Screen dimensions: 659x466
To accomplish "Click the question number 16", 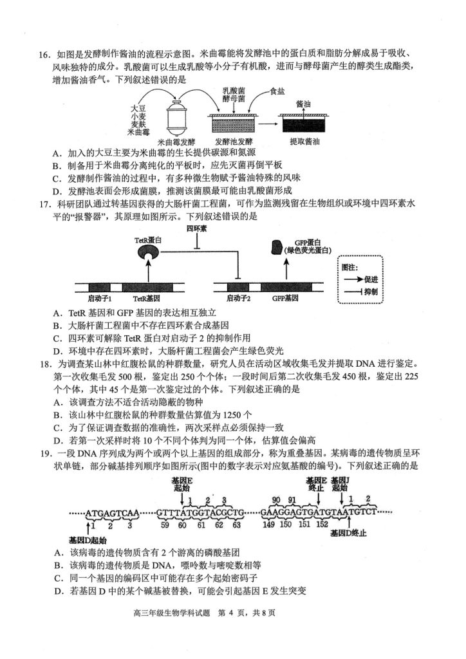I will pyautogui.click(x=44, y=54).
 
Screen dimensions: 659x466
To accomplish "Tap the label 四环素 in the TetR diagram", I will pyautogui.click(x=196, y=228).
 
